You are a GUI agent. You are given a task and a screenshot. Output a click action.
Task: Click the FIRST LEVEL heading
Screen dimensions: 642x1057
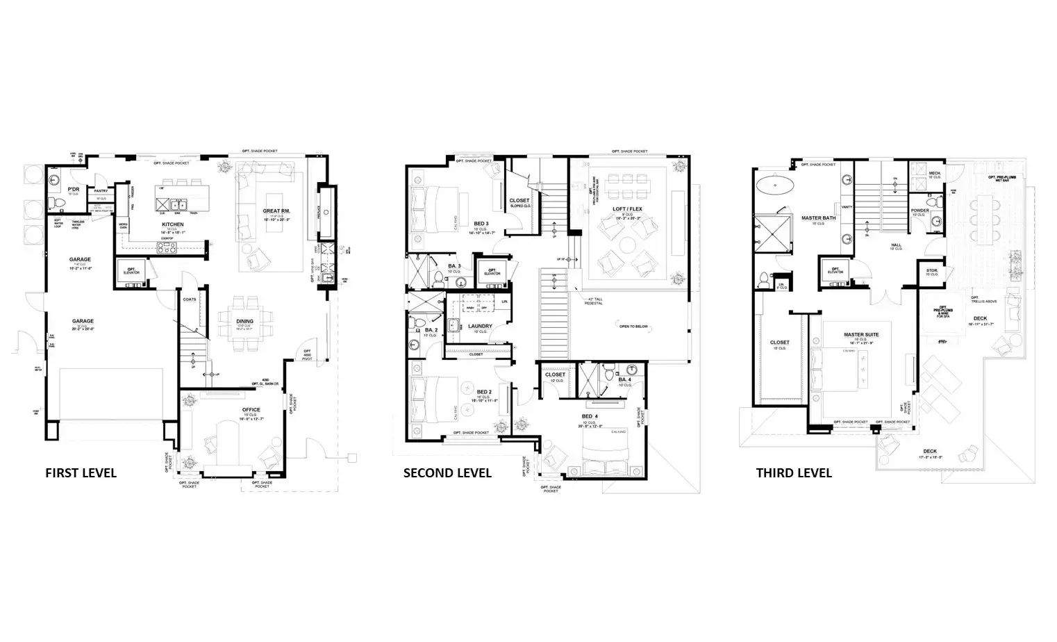tap(81, 473)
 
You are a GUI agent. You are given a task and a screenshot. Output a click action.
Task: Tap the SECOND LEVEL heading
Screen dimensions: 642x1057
tap(447, 473)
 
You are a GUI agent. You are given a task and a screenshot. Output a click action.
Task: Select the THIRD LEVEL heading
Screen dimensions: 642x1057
tap(794, 473)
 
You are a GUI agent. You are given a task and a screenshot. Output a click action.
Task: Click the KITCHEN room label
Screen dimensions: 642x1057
tap(173, 224)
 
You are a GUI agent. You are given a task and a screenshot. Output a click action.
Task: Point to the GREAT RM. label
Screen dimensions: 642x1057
tap(276, 211)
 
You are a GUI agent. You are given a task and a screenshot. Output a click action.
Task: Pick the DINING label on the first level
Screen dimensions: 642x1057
tap(244, 321)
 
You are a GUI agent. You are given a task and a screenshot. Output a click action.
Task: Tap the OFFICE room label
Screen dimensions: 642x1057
tap(251, 410)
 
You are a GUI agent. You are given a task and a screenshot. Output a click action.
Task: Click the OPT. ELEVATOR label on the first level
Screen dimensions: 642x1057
tap(131, 270)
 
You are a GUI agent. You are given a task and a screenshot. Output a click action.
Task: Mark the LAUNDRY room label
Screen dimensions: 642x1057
tap(480, 326)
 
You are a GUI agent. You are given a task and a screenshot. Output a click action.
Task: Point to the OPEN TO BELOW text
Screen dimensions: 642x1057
tap(633, 325)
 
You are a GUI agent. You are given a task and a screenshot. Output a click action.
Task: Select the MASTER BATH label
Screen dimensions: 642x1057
tap(818, 218)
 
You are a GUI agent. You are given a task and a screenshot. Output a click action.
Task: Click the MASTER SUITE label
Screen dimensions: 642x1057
tap(861, 335)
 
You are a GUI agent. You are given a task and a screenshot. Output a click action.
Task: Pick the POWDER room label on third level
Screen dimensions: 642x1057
tap(919, 211)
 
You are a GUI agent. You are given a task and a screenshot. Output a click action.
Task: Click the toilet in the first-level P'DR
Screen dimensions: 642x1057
tap(58, 203)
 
